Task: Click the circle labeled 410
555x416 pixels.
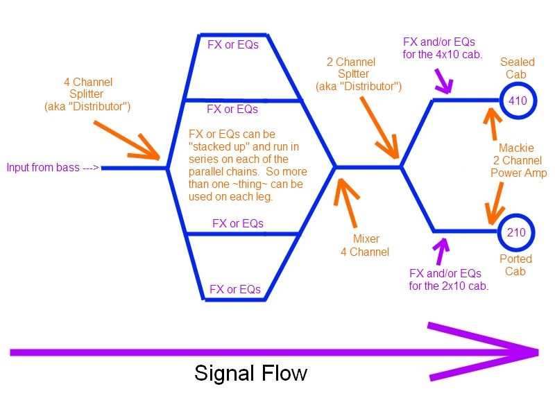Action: coord(518,85)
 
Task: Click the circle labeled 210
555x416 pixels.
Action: coord(516,216)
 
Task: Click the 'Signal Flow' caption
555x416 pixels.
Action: coord(250,373)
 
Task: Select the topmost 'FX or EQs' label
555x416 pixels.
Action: coord(233,44)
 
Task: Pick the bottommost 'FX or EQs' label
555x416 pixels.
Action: coord(235,289)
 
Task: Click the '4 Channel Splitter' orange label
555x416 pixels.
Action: coord(87,94)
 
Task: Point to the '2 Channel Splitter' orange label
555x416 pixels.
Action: coord(359,74)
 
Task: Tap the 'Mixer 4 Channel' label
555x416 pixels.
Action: coord(366,245)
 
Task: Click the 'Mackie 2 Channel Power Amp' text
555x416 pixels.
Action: coord(518,160)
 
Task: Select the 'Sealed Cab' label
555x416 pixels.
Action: coord(517,68)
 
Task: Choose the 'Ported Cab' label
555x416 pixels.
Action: coord(515,265)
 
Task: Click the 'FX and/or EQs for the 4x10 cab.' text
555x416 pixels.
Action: coord(442,48)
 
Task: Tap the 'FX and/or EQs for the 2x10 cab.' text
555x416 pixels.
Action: coord(448,279)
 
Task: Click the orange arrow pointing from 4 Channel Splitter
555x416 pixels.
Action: coord(127,141)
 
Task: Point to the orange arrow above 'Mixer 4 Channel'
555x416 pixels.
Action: coord(348,202)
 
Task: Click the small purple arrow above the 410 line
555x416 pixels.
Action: coord(443,80)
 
